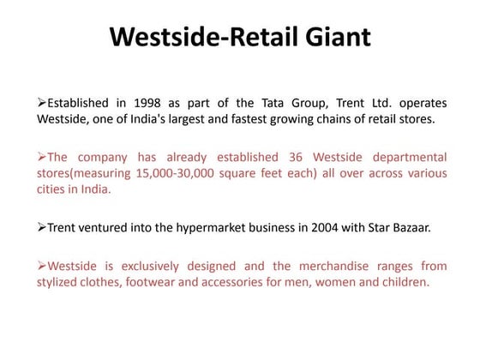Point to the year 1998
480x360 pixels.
tap(133, 104)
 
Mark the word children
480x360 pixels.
tap(399, 281)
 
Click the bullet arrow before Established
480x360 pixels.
tap(41, 104)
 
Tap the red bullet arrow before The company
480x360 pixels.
tap(41, 157)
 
